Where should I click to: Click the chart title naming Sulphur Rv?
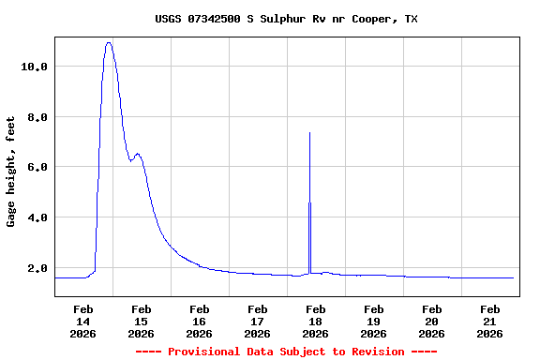coord(286,19)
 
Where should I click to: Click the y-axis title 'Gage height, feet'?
coord(11,172)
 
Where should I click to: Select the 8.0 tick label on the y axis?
coord(37,117)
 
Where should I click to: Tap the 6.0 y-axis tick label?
coord(37,167)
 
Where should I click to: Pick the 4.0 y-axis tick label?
coord(37,217)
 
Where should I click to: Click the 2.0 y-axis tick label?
coord(37,268)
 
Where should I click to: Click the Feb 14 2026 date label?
coord(82,321)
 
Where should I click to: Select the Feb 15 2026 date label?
coord(141,321)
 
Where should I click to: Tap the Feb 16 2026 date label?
coord(199,321)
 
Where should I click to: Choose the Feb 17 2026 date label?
coord(257,321)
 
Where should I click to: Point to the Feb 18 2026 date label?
coord(315,321)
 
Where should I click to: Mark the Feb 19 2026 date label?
coord(373,321)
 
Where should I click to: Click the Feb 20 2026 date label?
coord(431,321)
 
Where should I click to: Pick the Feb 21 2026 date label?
coord(489,321)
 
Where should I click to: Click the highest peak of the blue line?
coord(110,42)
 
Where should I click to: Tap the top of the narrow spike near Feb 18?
coord(309,133)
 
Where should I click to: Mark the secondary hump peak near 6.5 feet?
coord(138,154)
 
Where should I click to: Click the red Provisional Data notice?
coord(286,352)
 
